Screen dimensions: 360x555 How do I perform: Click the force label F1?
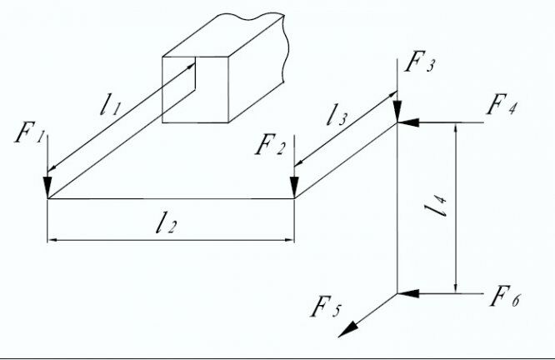[29, 134]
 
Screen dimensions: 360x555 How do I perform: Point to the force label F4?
[502, 107]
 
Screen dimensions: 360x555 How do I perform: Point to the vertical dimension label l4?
[442, 207]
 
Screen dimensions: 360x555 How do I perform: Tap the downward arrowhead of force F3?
[397, 112]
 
